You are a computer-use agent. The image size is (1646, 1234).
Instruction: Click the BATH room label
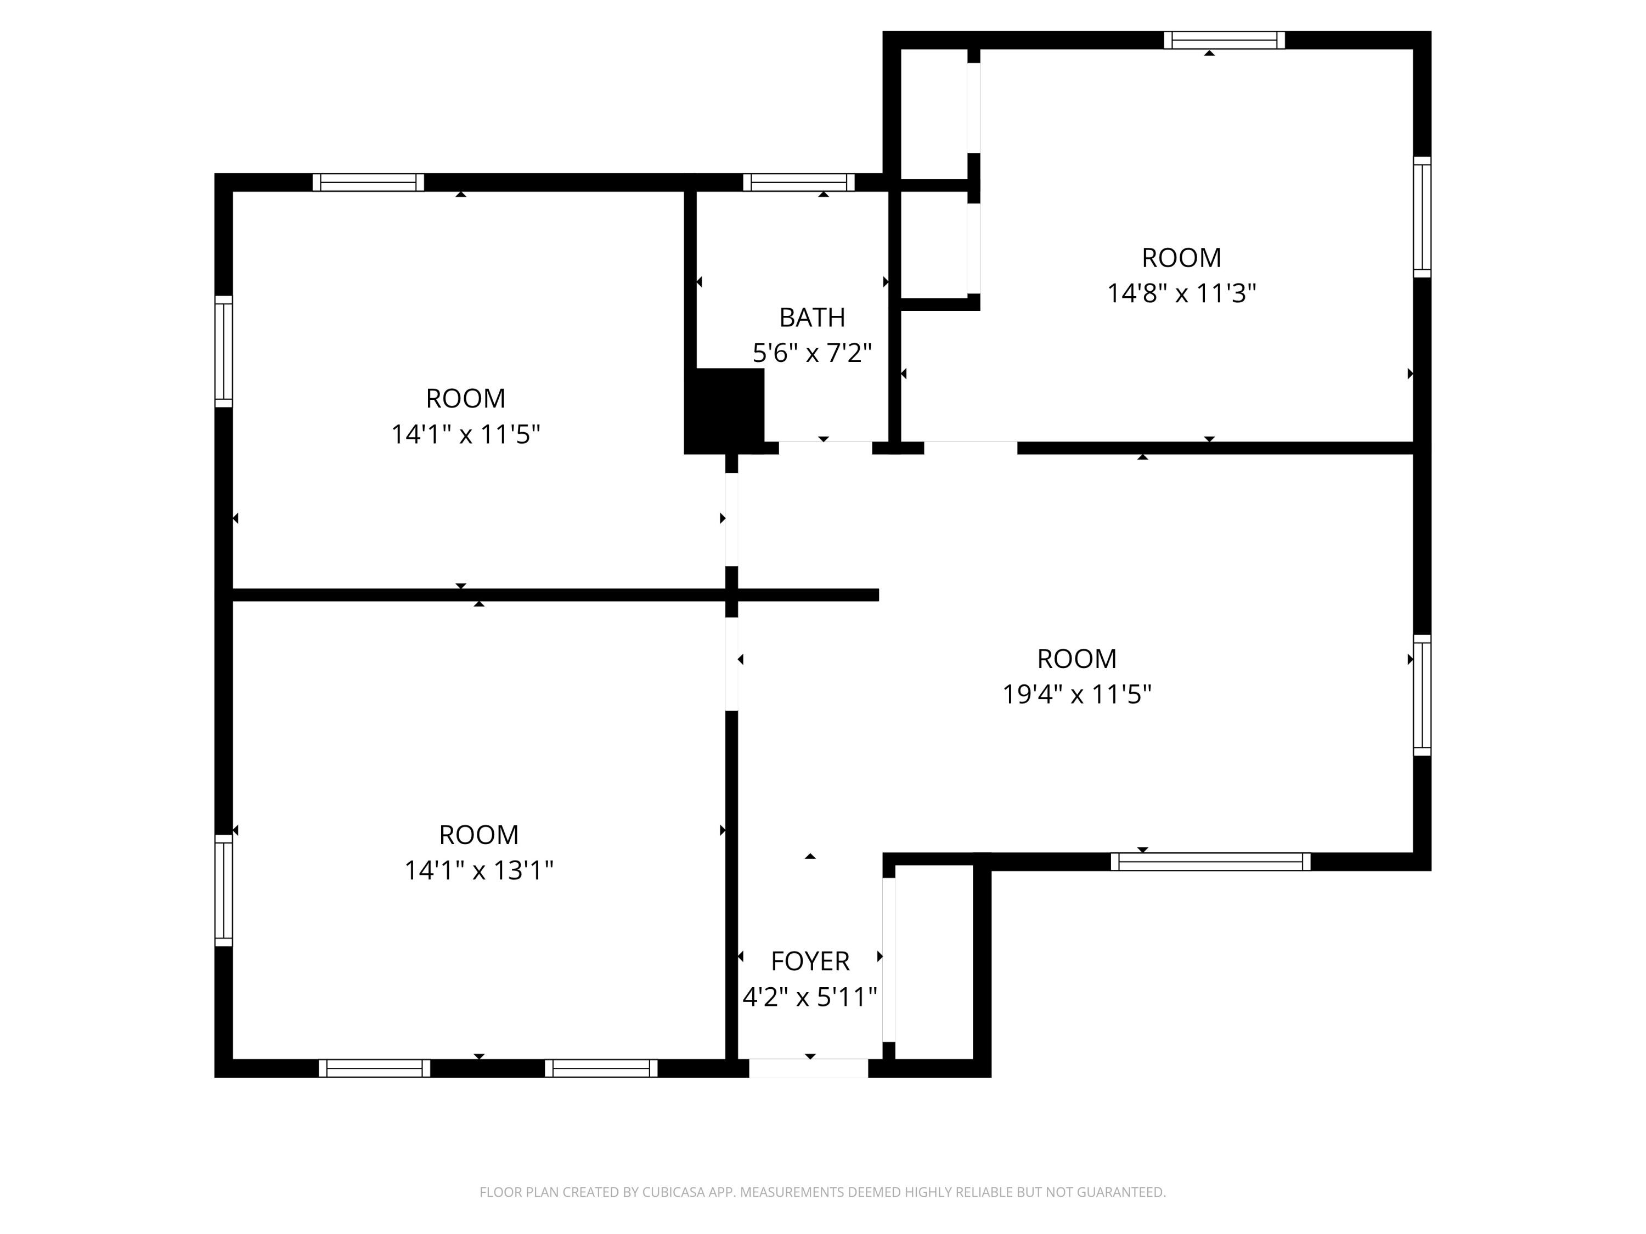pyautogui.click(x=812, y=318)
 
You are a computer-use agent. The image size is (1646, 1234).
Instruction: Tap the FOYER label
pyautogui.click(x=810, y=961)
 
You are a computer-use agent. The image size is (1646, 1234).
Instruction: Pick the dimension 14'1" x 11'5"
pyautogui.click(x=466, y=434)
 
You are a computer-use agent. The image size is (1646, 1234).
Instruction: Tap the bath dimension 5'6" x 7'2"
pyautogui.click(x=812, y=353)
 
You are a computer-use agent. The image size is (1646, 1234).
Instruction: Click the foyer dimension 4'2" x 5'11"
pyautogui.click(x=810, y=996)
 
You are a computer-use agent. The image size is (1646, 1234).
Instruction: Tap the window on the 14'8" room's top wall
pyautogui.click(x=1225, y=40)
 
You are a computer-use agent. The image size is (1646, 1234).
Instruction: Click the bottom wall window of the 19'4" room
pyautogui.click(x=1211, y=862)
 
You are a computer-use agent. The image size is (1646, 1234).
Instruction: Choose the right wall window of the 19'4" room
pyautogui.click(x=1422, y=695)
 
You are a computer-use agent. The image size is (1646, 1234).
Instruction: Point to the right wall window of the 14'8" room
pyautogui.click(x=1422, y=217)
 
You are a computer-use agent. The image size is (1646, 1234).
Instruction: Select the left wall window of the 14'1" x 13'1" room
pyautogui.click(x=223, y=890)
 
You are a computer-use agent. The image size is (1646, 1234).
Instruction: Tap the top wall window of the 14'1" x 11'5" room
pyautogui.click(x=368, y=182)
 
